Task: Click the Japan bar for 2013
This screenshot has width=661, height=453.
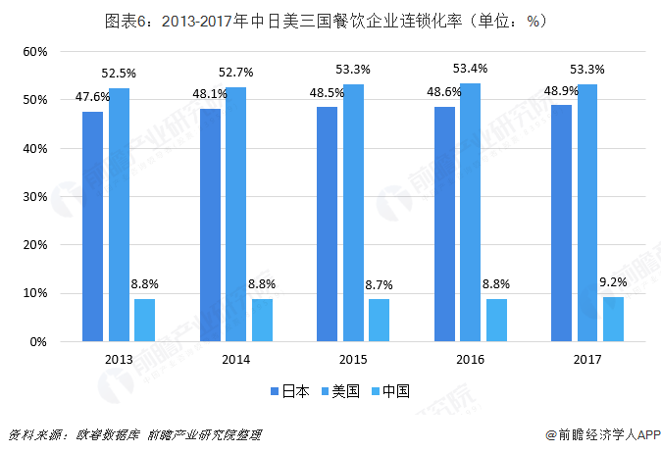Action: (93, 226)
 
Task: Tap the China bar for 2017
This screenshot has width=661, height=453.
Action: (613, 319)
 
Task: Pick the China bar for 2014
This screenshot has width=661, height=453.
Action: (262, 320)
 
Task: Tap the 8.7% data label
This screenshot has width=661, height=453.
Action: (379, 284)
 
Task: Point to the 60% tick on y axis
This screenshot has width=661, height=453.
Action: (34, 51)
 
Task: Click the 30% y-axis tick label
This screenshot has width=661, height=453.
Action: (34, 196)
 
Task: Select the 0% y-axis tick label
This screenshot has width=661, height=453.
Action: (38, 341)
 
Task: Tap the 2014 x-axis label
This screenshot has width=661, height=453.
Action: (235, 360)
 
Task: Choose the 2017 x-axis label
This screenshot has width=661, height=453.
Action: (586, 360)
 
